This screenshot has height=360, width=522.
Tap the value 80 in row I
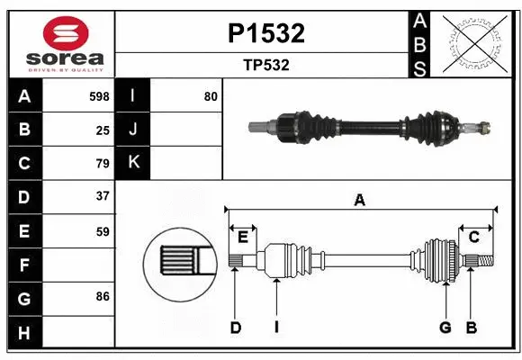coord(211,96)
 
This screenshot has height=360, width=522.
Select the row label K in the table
coord(134,163)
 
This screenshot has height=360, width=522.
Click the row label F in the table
coord(24,265)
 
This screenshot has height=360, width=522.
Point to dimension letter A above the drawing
coord(360,200)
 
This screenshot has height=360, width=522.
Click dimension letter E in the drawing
coord(243,237)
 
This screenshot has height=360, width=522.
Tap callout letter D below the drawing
coord(236,328)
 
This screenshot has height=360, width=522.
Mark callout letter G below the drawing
coord(445,328)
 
